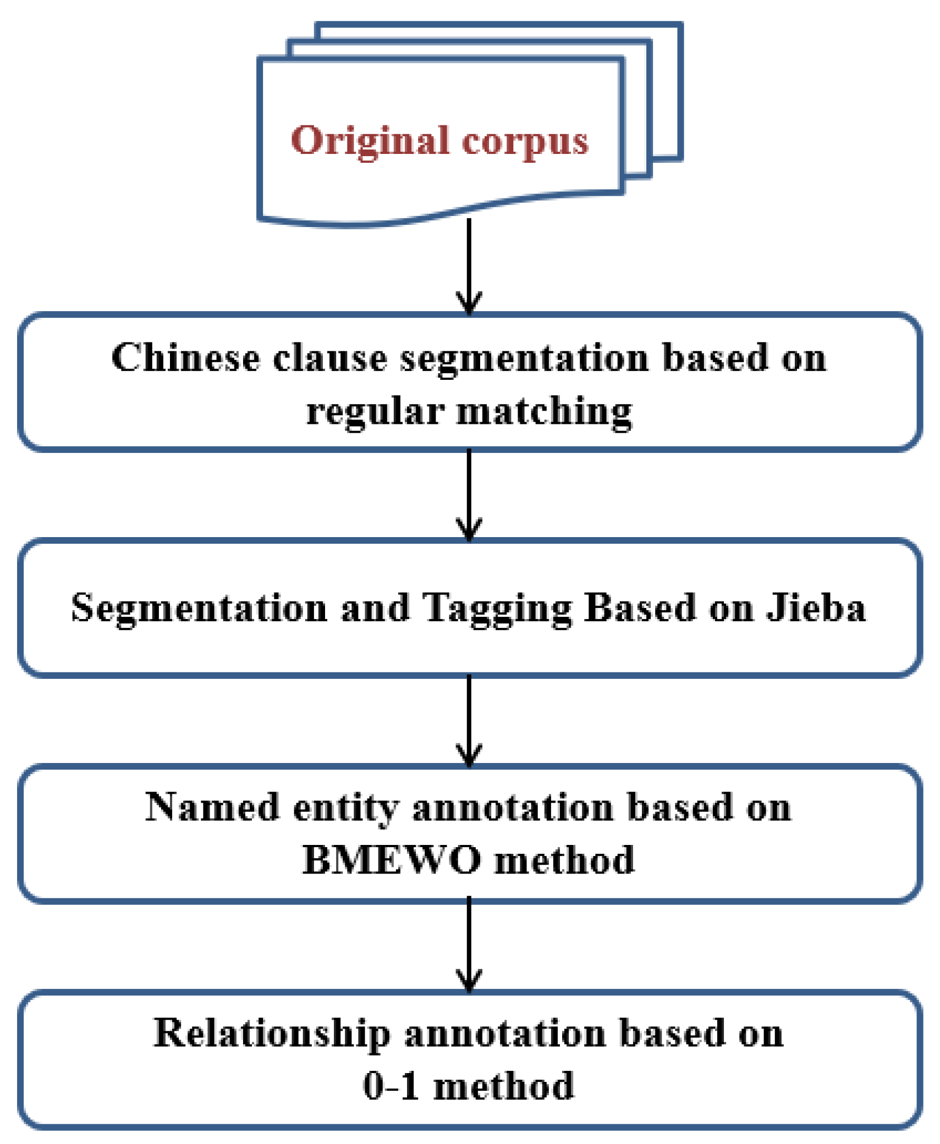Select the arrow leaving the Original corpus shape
point(469,264)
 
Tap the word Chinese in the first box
point(185,358)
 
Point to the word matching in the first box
point(544,412)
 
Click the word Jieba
point(816,607)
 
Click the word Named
point(212,807)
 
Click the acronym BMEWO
point(391,860)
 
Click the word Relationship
point(272,1034)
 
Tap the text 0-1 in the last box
point(390,1086)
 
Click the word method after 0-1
point(503,1086)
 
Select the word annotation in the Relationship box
point(505,1034)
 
